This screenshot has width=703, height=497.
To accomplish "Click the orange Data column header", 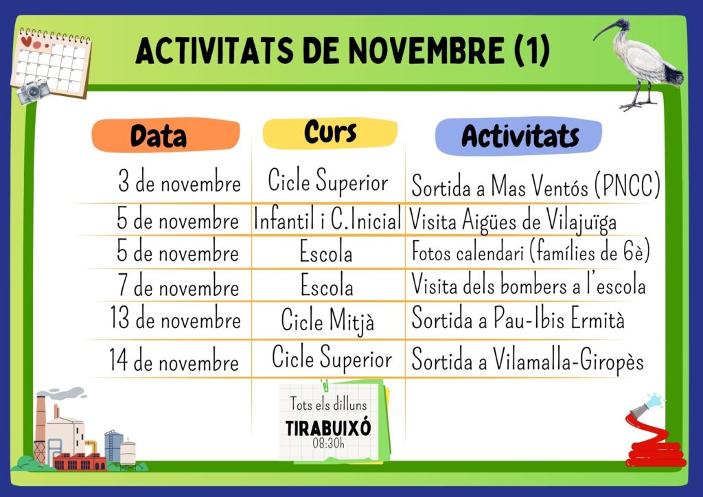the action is coord(166,135).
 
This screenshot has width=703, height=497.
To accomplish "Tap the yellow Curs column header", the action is coord(330,132).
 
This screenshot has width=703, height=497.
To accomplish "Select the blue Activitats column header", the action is coord(519,136).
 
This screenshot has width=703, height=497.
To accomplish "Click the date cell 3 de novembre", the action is coord(179,181).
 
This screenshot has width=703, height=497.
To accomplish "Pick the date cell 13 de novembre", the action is coord(175,319).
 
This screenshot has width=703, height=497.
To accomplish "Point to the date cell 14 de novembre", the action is coord(174,360).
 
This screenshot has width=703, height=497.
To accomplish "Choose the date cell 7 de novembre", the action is coord(178,285).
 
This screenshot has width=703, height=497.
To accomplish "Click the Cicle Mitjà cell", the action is coord(327,321).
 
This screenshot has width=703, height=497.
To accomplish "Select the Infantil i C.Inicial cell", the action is coord(327,219).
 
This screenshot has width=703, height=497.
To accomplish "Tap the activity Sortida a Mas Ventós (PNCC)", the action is coord(535,185).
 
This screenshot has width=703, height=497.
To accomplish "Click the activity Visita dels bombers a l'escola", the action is coord(529,284).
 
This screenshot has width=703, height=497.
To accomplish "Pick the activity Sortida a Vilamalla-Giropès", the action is coord(528,360).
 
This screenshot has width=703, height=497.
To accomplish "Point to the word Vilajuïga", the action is coord(581,221).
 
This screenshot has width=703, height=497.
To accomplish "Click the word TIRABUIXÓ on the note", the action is coord(328,428).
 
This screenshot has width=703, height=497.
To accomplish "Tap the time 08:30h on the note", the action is coord(329,443).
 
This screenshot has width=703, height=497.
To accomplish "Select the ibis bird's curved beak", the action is coord(605,31).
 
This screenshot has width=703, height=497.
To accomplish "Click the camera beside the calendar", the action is coord(33,91).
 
